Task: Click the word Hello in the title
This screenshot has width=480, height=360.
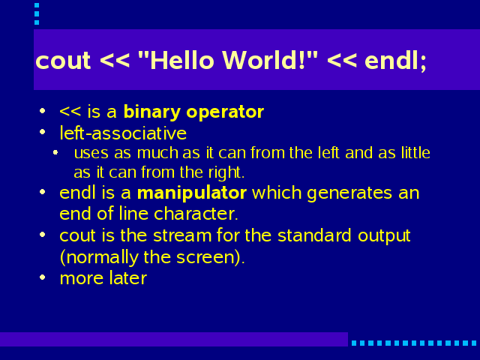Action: point(181,60)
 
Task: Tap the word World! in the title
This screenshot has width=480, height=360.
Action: point(264,60)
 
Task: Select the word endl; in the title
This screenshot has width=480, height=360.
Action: point(395,61)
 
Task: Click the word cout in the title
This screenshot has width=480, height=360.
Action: point(63,61)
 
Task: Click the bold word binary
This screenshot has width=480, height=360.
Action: point(151,112)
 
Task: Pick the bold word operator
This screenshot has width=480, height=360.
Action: point(225,112)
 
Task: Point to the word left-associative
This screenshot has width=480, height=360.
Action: point(123,133)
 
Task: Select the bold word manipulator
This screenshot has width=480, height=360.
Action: point(192,193)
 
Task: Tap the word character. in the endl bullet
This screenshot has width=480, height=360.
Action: point(196,213)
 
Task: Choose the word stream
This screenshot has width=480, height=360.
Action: point(182,235)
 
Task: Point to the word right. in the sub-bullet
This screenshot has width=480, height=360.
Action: point(226,172)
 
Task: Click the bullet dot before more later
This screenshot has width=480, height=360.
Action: point(43,277)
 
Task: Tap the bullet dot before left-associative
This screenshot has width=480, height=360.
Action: point(43,132)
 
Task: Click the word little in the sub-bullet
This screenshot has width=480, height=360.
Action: point(415,152)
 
